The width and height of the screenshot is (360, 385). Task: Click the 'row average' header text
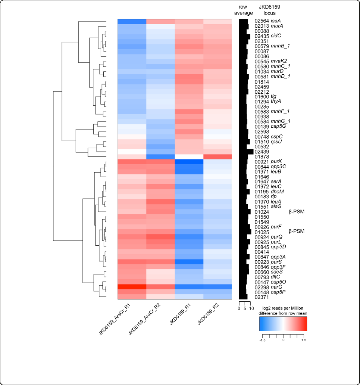(244, 10)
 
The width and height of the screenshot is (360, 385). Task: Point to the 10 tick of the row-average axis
(251, 308)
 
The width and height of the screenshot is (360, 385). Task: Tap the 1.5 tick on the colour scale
(304, 340)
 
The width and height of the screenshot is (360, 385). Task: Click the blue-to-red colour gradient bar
(283, 324)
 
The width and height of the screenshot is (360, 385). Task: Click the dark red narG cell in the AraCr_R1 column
(132, 287)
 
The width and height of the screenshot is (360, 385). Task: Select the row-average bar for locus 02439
(246, 152)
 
